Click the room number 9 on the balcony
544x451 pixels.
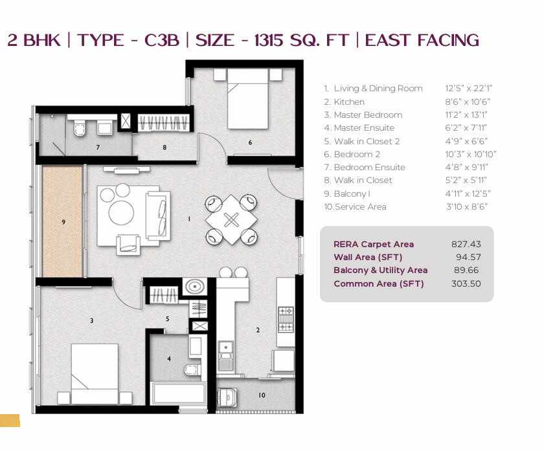[x=63, y=222]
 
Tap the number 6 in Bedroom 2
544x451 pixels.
[x=250, y=142]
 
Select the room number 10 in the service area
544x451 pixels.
[x=262, y=395]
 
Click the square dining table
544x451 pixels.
[x=231, y=219]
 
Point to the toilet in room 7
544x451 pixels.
[x=80, y=128]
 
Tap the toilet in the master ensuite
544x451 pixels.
[x=193, y=370]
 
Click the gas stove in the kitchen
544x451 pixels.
[x=286, y=319]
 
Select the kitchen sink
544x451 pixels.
[x=226, y=356]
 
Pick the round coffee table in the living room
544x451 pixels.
[x=121, y=212]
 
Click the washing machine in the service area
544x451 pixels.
[x=227, y=397]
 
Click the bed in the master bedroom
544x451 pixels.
[x=95, y=374]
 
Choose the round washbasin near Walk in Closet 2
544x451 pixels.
[x=195, y=287]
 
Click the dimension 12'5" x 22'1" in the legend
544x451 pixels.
[x=469, y=89]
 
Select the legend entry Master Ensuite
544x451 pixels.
[x=364, y=128]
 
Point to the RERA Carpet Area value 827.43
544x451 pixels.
[x=466, y=245]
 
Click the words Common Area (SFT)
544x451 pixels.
[x=378, y=284]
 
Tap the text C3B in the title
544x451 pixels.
[x=162, y=40]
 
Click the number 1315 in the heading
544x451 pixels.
[x=269, y=40]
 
